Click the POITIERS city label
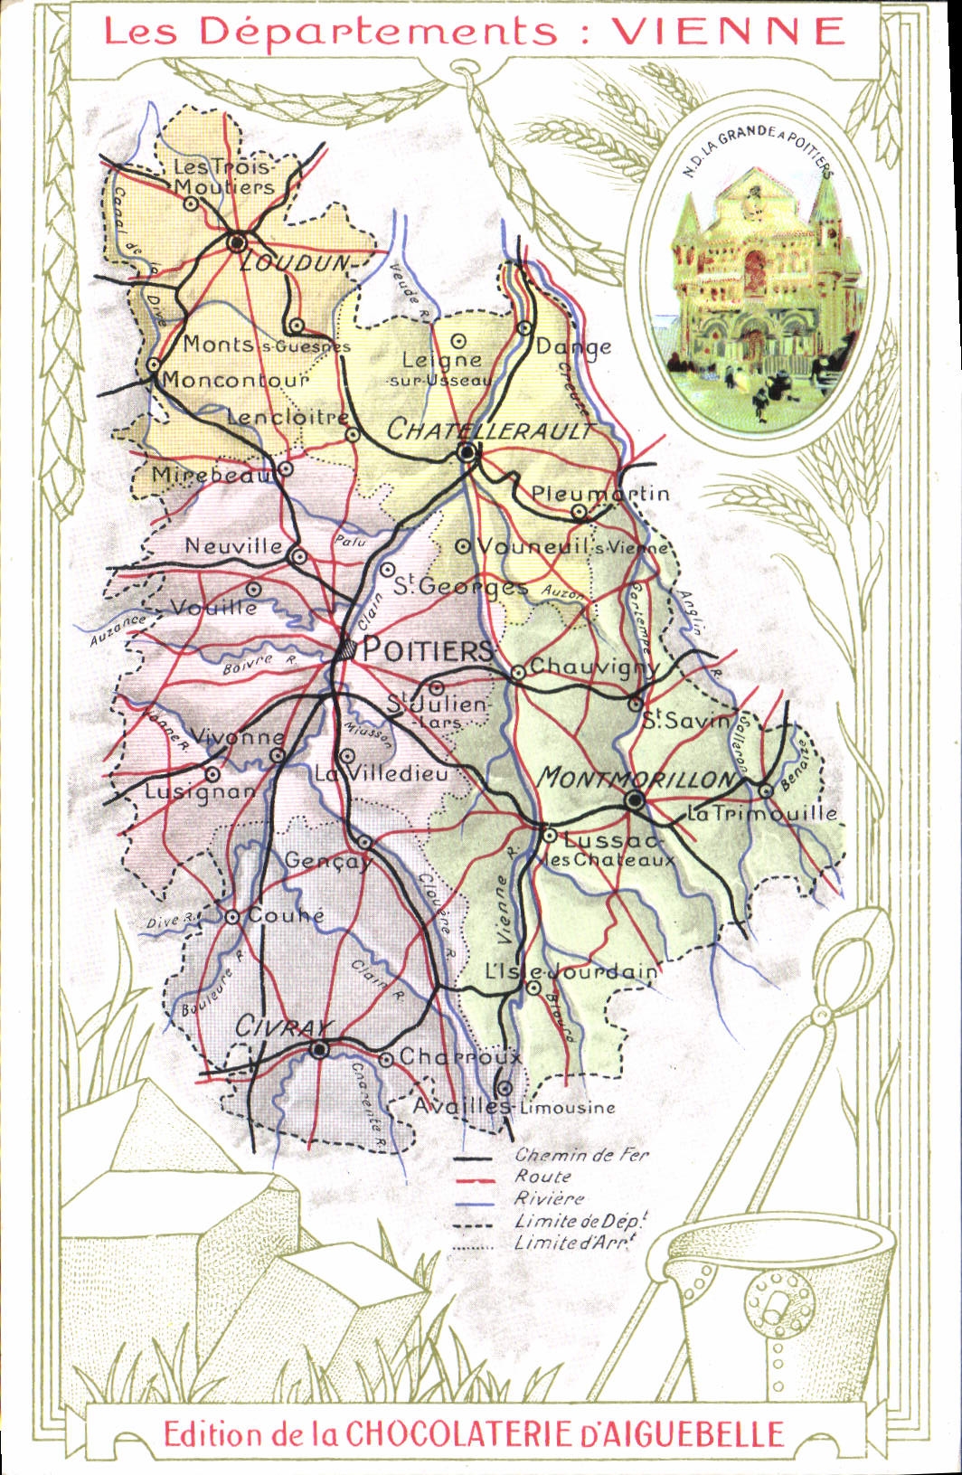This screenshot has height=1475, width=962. pos(428,649)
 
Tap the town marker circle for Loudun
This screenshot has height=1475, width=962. pos(238,241)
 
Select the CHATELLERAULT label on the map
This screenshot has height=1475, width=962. pos(490,430)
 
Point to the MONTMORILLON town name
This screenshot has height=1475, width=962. pos(637,778)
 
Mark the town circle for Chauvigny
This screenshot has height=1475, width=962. pos(518,672)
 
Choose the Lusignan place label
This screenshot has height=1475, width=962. pos(201,793)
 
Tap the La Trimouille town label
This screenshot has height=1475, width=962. pos(762,813)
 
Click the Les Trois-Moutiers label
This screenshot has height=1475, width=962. pos(222,177)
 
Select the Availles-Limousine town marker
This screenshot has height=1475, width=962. pos(505,1088)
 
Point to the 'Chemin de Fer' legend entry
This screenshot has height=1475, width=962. pos(581,1155)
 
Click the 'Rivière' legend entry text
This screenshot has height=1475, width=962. pos(549,1198)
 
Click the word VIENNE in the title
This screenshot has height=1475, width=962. pos(729,32)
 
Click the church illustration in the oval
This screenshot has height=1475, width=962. pos(755,280)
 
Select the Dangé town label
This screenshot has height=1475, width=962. pos(573,346)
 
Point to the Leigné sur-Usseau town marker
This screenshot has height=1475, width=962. pos(458,341)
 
